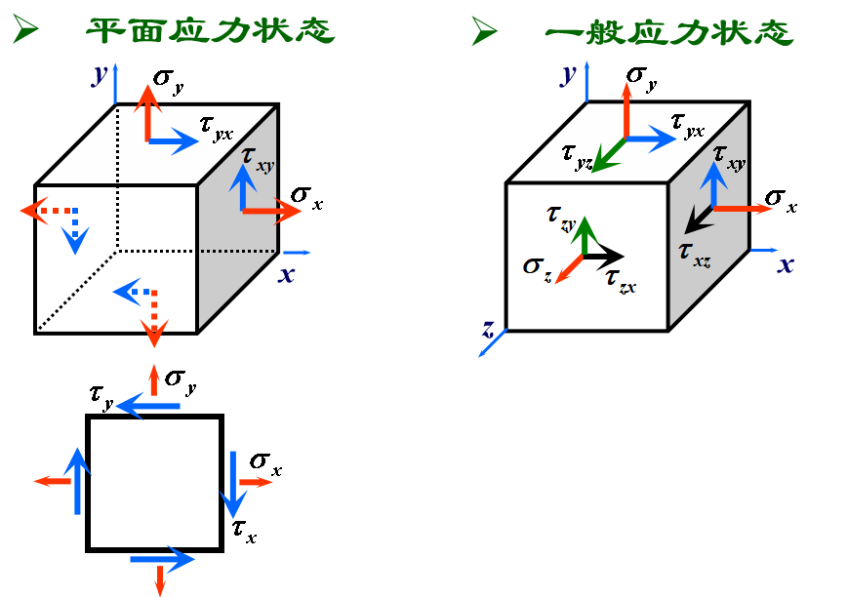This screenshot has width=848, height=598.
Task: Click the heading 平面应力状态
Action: coord(211,31)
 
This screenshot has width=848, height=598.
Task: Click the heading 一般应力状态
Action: coord(669,32)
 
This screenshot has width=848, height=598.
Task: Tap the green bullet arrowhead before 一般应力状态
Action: coord(484,31)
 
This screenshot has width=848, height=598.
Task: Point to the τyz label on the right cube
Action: coord(577,156)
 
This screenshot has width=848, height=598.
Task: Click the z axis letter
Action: coord(488,330)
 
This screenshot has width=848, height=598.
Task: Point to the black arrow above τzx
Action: coord(604,257)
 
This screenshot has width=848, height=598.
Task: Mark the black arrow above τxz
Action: coord(701,217)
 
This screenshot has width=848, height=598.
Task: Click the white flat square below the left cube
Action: coord(154,483)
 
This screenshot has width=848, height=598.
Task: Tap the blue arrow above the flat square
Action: coord(147,404)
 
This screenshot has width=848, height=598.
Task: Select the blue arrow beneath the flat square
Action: coord(162,560)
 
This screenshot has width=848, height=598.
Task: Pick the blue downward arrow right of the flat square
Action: coord(232,484)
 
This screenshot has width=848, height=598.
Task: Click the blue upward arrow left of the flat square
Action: coord(77,480)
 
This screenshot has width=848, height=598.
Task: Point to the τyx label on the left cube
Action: coord(216,128)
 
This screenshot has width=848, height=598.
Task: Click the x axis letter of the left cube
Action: coord(286,275)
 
